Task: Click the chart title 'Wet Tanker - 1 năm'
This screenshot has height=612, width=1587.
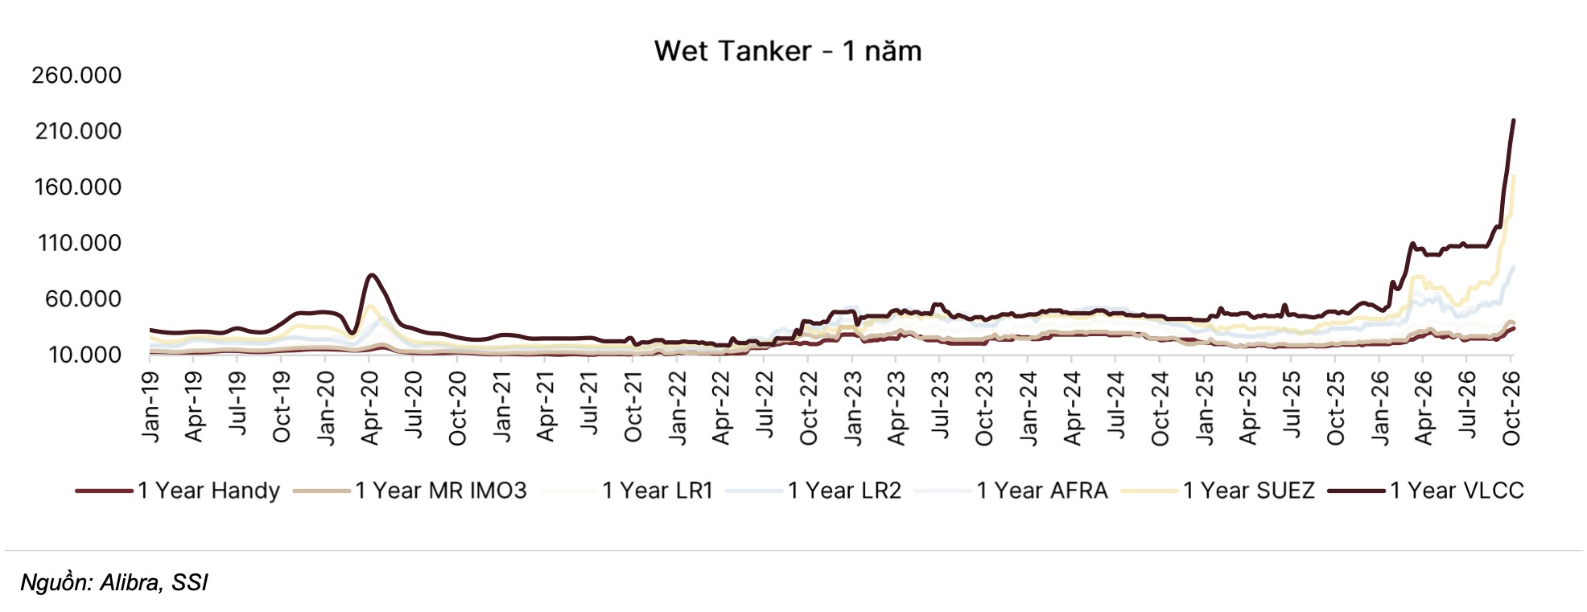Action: click(787, 51)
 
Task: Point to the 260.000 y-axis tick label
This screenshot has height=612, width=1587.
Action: click(76, 76)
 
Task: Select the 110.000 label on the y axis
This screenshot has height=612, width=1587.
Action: click(79, 243)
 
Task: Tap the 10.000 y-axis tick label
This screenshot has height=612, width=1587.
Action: click(85, 355)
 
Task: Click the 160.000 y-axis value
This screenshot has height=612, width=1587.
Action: click(77, 187)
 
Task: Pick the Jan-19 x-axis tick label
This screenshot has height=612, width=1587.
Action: click(150, 406)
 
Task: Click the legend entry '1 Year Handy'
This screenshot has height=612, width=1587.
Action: click(208, 491)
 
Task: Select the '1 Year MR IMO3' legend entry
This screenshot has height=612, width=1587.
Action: click(440, 491)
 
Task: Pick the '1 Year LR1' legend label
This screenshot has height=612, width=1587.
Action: click(657, 491)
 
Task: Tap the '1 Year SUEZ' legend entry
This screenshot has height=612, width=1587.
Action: click(1248, 491)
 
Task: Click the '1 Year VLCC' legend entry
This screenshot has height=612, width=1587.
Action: click(1457, 491)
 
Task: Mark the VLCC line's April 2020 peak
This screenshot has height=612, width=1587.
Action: click(371, 275)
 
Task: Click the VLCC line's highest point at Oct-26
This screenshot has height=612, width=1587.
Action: click(1513, 121)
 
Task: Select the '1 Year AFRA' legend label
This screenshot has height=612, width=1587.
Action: click(1042, 491)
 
